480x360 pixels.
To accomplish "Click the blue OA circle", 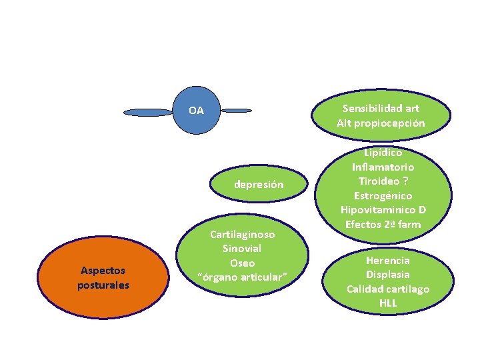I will (196, 111).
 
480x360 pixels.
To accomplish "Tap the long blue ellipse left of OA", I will (148, 113).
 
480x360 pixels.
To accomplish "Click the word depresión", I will (259, 185).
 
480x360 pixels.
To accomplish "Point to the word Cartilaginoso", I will (242, 235).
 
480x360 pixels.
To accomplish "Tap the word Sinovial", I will (242, 249).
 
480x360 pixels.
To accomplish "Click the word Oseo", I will (242, 263).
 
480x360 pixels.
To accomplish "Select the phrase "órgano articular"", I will (242, 277).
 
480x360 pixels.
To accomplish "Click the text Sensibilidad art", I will (381, 108).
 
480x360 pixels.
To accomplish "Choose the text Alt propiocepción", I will (381, 123).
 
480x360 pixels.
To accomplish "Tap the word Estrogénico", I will (383, 196).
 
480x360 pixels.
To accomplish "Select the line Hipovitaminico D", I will (383, 210).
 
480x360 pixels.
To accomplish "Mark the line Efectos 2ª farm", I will (383, 224).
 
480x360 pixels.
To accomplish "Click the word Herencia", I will (387, 260).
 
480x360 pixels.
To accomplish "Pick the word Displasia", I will (387, 274).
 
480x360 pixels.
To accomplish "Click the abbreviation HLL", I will (387, 303).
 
